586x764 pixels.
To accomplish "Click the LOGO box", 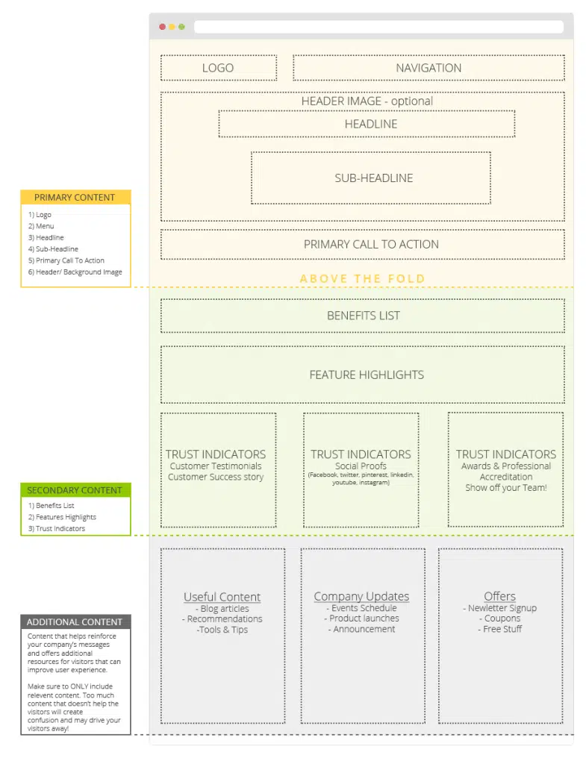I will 218,68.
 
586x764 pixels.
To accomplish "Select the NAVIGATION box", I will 428,68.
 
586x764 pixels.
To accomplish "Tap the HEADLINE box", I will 370,124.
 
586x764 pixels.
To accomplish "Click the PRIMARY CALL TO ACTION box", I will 371,244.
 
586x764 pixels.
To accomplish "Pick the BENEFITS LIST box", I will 363,316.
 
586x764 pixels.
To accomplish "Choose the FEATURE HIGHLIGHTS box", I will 367,375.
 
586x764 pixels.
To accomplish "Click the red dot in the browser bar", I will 163,27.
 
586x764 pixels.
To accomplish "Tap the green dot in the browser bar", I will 181,27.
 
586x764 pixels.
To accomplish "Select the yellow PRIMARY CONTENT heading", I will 75,198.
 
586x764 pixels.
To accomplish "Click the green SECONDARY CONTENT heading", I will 75,490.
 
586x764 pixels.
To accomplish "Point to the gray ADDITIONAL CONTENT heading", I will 75,622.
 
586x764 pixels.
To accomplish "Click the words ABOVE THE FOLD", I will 362,278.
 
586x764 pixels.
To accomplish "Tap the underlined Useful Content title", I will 222,597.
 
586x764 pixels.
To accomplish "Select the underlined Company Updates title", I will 361,596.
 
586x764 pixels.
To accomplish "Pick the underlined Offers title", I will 499,596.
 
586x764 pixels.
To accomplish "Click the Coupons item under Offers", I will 502,619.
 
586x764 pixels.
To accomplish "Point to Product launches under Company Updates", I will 364,619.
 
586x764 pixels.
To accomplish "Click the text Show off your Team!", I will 505,488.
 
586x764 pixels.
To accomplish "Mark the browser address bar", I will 378,27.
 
